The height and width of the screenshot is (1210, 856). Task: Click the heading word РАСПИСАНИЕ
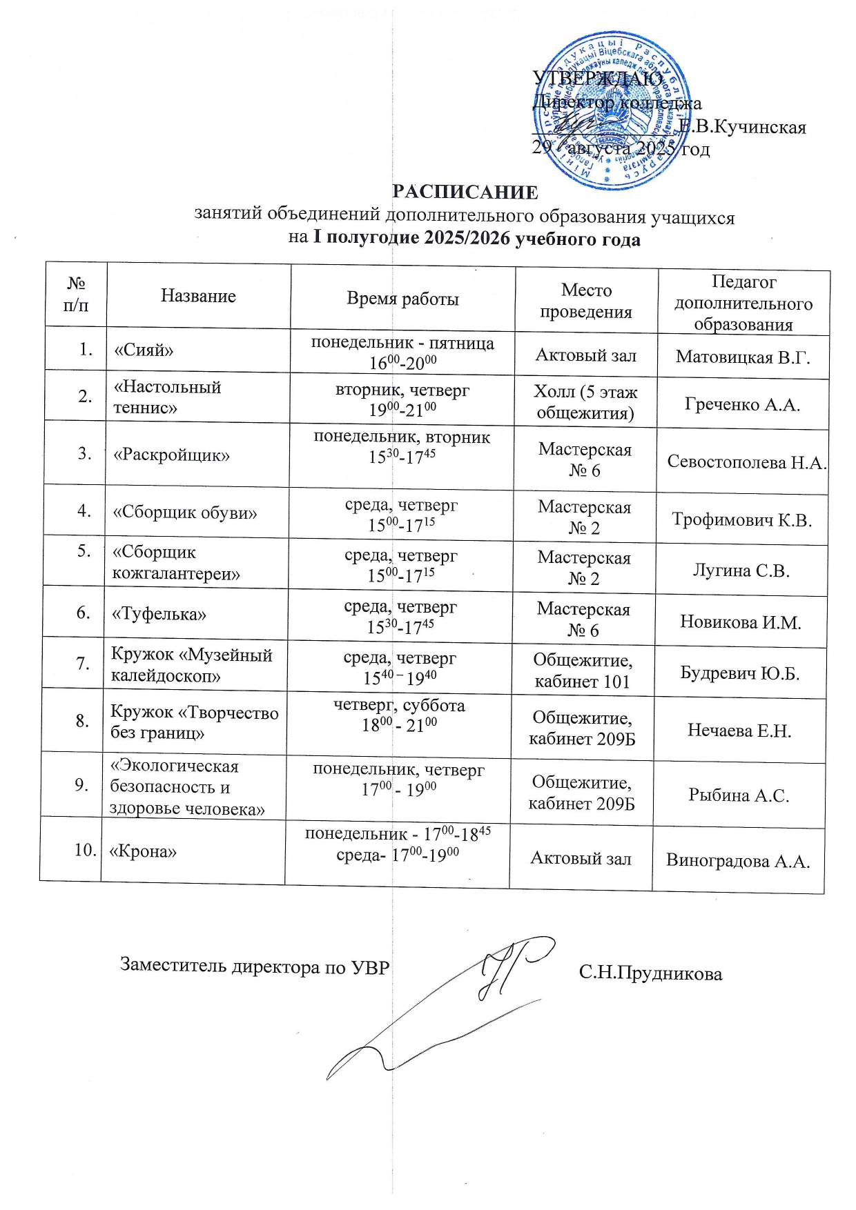465,192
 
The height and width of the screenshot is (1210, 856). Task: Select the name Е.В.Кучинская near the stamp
742,127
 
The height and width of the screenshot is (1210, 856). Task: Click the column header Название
198,296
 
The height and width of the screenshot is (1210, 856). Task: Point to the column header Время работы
402,299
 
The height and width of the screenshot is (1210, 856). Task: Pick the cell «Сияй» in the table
144,350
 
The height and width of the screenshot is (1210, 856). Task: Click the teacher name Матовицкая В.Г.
742,357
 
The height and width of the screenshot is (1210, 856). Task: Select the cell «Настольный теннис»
167,397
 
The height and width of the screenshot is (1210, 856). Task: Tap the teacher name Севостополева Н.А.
746,462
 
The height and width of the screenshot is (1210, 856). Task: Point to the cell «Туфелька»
159,613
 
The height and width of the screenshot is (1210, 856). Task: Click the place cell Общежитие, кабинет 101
583,671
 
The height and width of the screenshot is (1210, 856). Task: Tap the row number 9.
81,784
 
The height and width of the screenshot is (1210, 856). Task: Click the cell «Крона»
143,851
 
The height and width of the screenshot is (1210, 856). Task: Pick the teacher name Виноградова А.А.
737,861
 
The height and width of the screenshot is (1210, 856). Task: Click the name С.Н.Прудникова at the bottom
650,973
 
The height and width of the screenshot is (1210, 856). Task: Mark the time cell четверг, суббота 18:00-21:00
399,715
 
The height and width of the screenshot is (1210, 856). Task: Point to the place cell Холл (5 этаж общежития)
585,402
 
